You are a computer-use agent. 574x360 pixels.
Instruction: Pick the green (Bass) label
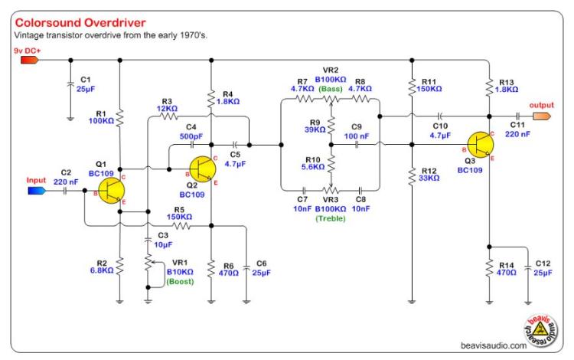330,89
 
